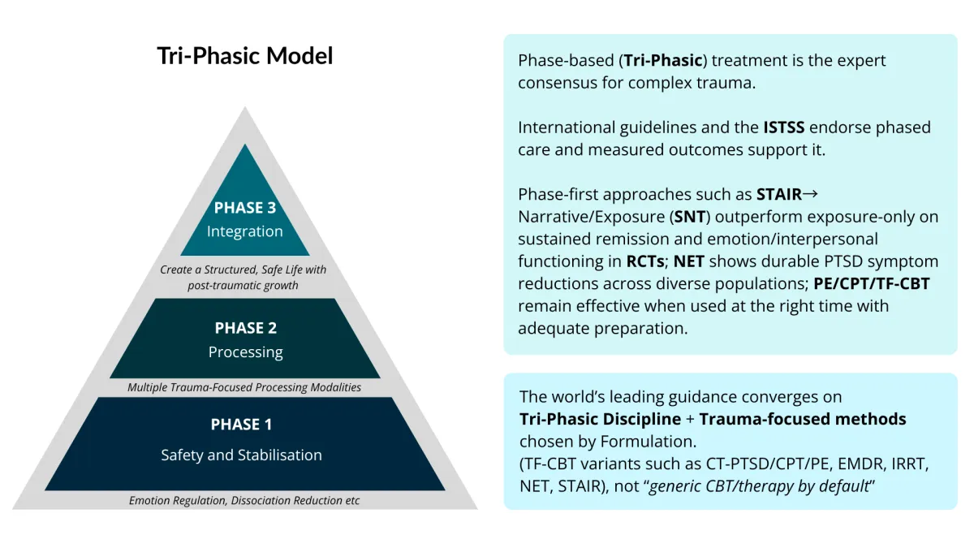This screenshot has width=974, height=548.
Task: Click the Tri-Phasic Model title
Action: coord(245,56)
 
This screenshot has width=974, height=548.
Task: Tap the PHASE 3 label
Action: coord(245,207)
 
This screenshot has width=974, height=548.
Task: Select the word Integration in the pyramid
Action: coord(245,231)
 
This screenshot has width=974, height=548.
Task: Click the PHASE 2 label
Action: coord(245,328)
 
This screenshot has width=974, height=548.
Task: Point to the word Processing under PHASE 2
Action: coord(245,352)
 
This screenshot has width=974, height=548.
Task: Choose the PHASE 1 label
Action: coord(241,425)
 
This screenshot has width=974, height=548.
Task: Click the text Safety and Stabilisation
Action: coord(241,455)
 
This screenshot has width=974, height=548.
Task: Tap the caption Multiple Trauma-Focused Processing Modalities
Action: coord(244,387)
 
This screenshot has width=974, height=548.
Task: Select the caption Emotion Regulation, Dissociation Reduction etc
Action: coord(244,500)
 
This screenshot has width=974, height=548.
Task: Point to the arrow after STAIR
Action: coord(810,194)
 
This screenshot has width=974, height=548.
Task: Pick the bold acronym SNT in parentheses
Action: coord(690,217)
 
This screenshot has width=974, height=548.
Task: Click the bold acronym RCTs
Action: coord(645,261)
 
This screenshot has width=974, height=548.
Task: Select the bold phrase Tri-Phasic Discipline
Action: coord(601,419)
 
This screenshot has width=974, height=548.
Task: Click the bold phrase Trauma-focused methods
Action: coord(803,419)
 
